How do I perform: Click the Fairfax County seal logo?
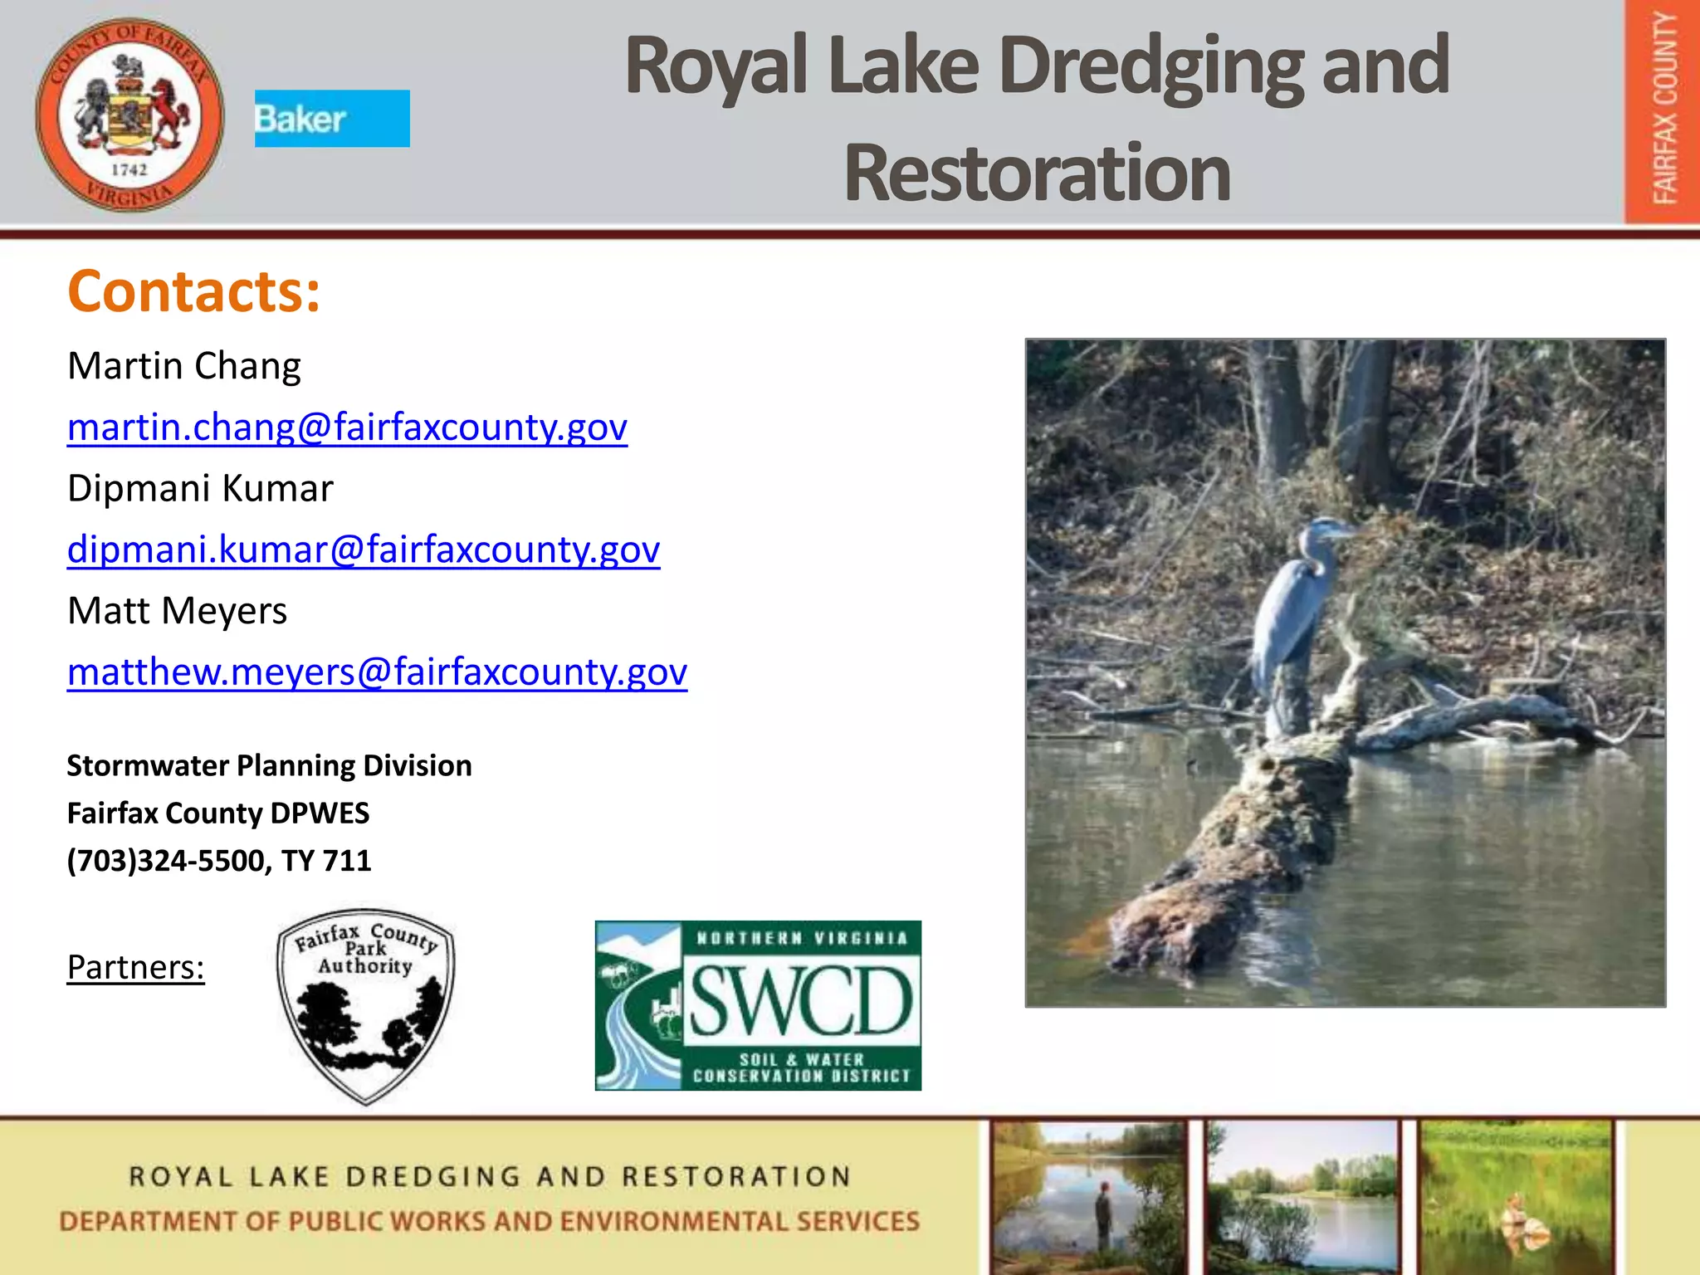click(x=129, y=115)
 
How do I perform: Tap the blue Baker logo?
click(x=332, y=119)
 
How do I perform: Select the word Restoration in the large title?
click(x=1037, y=173)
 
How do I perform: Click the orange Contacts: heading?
click(x=193, y=291)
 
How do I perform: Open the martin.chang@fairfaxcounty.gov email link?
click(x=347, y=427)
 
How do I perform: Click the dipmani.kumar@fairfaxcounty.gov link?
click(x=364, y=550)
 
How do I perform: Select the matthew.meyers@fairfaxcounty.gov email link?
click(x=377, y=672)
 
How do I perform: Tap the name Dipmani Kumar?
click(x=200, y=488)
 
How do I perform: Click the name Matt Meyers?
click(x=177, y=611)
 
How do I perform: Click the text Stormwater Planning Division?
click(x=269, y=765)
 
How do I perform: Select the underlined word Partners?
click(x=135, y=967)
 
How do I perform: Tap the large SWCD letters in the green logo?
click(x=801, y=1001)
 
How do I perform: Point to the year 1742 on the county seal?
click(x=129, y=169)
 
